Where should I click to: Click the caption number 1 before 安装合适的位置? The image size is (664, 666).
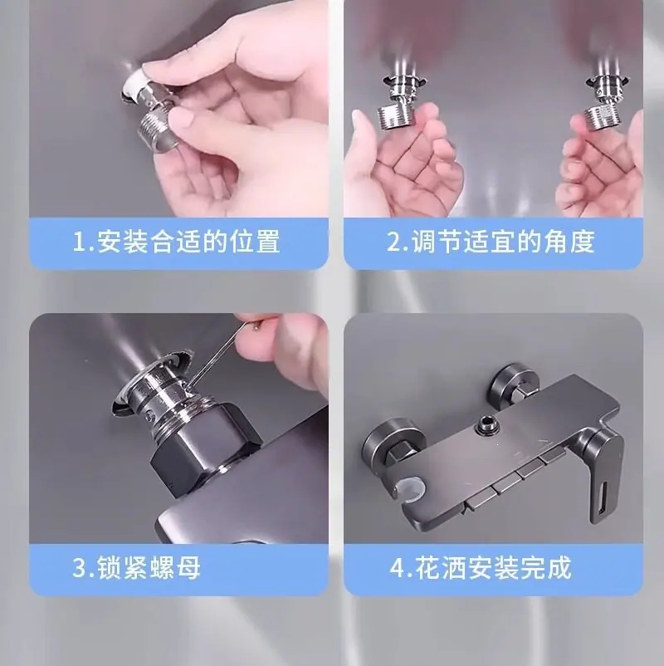point(80,242)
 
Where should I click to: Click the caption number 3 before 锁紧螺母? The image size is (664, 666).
point(81,568)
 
